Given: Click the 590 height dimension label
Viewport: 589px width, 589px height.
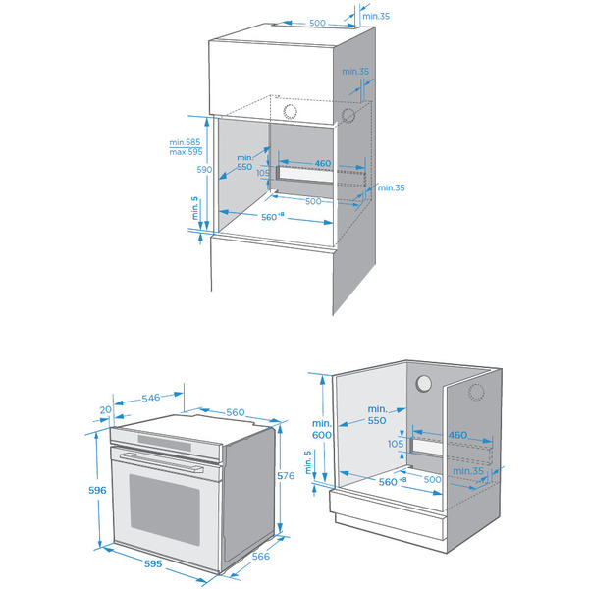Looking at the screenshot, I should [x=179, y=170].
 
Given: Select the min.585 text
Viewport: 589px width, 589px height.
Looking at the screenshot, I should [x=185, y=143].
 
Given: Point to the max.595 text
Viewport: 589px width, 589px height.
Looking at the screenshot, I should [x=185, y=153].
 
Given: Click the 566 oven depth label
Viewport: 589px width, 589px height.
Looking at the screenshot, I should [x=262, y=557].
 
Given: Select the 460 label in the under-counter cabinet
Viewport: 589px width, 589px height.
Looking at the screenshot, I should [x=457, y=435].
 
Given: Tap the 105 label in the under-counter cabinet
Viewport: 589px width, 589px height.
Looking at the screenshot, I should [x=396, y=445].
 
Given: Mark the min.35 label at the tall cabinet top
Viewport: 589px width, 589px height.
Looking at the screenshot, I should [x=375, y=16].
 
